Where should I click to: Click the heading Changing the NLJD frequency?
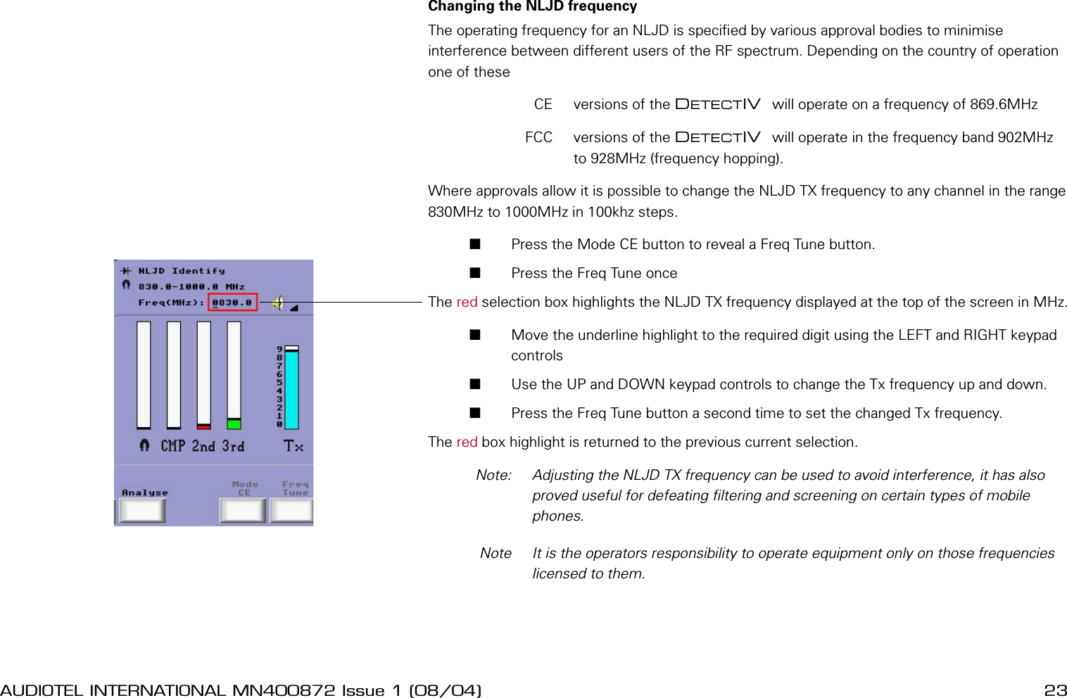point(532,7)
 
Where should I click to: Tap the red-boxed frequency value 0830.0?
point(232,303)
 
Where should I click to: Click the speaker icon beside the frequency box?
point(279,303)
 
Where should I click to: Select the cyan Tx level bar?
point(291,389)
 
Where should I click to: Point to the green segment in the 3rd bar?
point(234,424)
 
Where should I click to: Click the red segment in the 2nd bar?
point(203,426)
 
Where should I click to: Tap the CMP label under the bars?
point(172,446)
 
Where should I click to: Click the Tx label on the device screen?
point(293,446)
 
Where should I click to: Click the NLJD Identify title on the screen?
point(181,271)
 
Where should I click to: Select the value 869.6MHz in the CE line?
point(1004,105)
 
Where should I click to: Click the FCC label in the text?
point(538,137)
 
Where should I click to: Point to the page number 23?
point(1055,690)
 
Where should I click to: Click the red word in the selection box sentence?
point(467,303)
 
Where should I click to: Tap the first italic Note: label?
point(493,475)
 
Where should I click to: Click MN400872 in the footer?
point(284,690)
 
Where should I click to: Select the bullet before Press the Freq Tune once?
point(475,273)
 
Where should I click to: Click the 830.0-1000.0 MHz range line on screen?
point(191,287)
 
